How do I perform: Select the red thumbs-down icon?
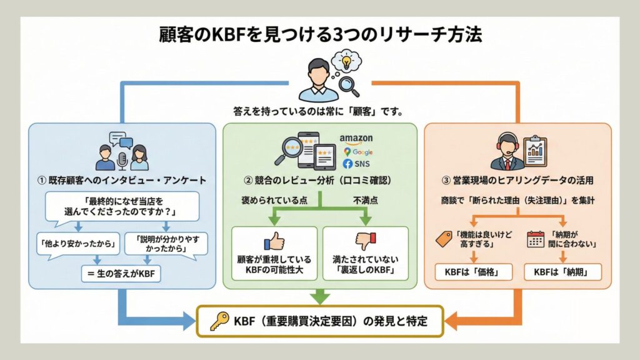(x=366, y=241)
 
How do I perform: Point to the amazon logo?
(x=356, y=138)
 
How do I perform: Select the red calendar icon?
(x=536, y=238)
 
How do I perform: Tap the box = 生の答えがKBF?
(x=121, y=272)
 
